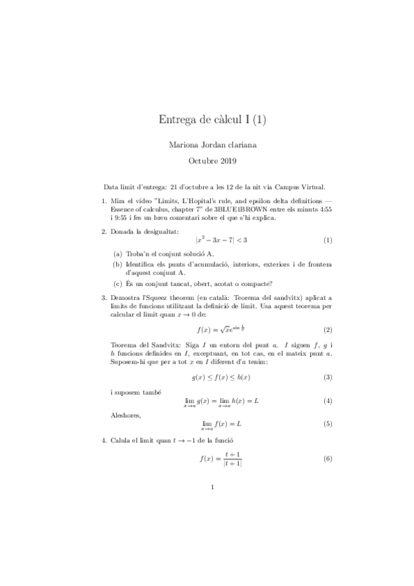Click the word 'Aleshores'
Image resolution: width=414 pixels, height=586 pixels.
(126, 416)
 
